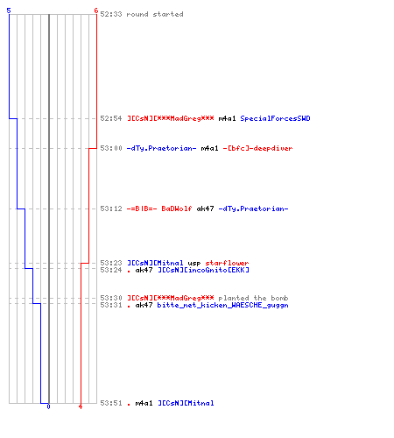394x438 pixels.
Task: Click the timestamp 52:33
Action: [x=111, y=14]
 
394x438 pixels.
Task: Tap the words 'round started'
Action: [x=155, y=14]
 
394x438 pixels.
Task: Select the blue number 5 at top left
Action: [x=9, y=11]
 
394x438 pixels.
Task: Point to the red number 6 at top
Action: [x=95, y=11]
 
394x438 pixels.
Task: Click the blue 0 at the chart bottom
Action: [x=48, y=406]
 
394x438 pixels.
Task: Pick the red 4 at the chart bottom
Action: [x=81, y=406]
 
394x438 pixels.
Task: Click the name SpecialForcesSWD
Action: [x=275, y=118]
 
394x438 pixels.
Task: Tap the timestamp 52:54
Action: [x=111, y=118]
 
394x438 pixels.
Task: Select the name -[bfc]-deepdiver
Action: [x=257, y=148]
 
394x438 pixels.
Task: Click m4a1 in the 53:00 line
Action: [x=209, y=148]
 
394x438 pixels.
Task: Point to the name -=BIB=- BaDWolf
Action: [x=159, y=208]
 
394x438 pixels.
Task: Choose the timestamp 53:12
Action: [x=111, y=208]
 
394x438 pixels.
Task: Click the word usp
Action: [x=194, y=263]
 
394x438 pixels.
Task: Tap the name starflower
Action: [x=227, y=263]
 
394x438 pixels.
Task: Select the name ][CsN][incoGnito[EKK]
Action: [x=204, y=270]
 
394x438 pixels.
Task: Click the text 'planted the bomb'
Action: [x=253, y=298]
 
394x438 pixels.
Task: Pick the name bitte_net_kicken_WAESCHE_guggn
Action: [x=222, y=305]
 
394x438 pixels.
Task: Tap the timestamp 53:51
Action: [x=111, y=403]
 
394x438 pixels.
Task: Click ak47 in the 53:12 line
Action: [x=205, y=208]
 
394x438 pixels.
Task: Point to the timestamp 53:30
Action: [x=111, y=298]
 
